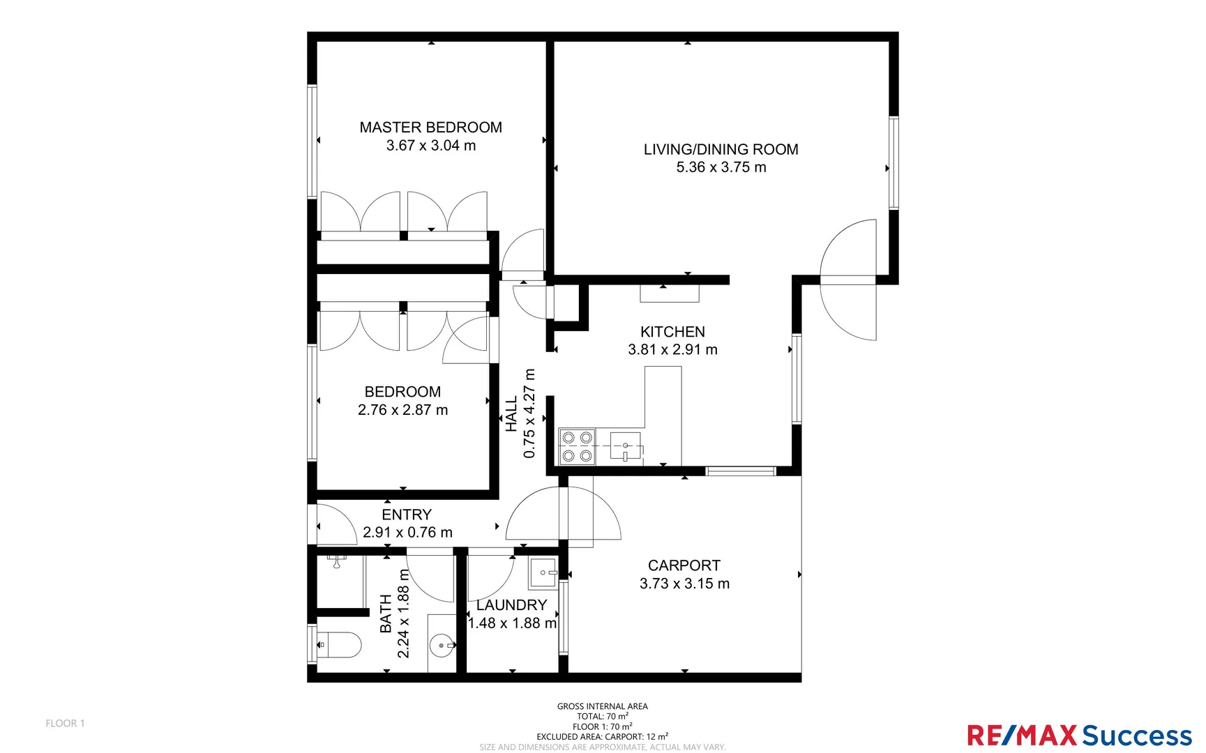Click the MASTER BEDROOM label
pyautogui.click(x=430, y=128)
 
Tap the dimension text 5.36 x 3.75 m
pyautogui.click(x=721, y=167)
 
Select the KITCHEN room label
pyautogui.click(x=672, y=332)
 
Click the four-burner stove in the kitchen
pyautogui.click(x=577, y=447)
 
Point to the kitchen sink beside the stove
pyautogui.click(x=625, y=446)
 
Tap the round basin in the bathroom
pyautogui.click(x=441, y=646)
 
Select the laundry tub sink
pyautogui.click(x=543, y=573)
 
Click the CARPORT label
pyautogui.click(x=684, y=565)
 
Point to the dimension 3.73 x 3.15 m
pyautogui.click(x=684, y=584)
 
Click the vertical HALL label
pyautogui.click(x=511, y=414)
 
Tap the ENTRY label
pyautogui.click(x=407, y=515)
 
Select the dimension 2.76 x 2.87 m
pyautogui.click(x=402, y=410)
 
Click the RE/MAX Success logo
pyautogui.click(x=1079, y=735)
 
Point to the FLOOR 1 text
pyautogui.click(x=65, y=723)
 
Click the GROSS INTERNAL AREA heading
pyautogui.click(x=602, y=706)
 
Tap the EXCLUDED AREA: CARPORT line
pyautogui.click(x=602, y=736)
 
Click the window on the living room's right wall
pyautogui.click(x=894, y=162)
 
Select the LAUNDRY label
pyautogui.click(x=511, y=605)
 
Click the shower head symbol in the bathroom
pyautogui.click(x=337, y=561)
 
